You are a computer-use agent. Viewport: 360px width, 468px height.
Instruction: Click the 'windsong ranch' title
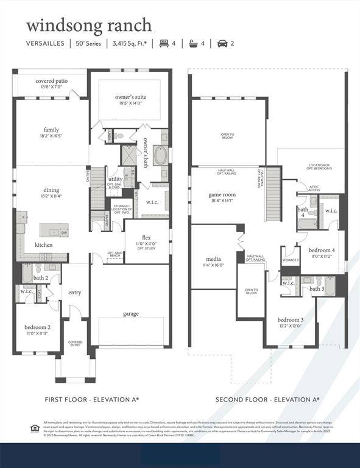coord(88,25)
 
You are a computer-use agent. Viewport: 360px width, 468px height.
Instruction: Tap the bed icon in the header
coord(163,43)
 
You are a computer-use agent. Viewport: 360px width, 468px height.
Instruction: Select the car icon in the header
coord(222,43)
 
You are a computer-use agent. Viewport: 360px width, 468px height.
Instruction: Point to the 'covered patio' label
coord(51,81)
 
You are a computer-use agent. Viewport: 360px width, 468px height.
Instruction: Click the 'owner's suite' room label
coord(130,97)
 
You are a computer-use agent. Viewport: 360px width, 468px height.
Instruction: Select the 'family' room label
coord(51,130)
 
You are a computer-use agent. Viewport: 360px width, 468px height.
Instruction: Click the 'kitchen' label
coord(43,245)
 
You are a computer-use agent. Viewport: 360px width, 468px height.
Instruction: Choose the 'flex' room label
coord(146,238)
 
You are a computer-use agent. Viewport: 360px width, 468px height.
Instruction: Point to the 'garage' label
coord(130,314)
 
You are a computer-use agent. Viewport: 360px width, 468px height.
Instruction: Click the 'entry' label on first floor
coord(74,293)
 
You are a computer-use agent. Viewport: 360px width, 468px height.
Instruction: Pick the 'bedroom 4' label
coord(321,250)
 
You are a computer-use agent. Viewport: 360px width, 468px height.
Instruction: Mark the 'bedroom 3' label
coord(291,320)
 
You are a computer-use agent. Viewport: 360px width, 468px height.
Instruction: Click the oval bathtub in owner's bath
coord(160,155)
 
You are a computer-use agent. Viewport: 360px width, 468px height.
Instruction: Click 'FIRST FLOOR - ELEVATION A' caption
coord(91,400)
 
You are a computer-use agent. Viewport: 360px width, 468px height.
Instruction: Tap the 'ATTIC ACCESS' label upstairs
coord(314,188)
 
